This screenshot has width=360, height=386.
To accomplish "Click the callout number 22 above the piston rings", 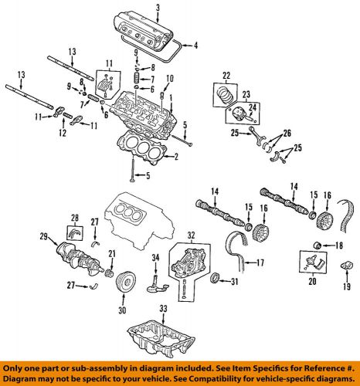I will point(226,74).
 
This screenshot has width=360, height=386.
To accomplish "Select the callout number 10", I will point(170,78).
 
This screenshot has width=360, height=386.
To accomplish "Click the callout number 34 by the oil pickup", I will point(155,256).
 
